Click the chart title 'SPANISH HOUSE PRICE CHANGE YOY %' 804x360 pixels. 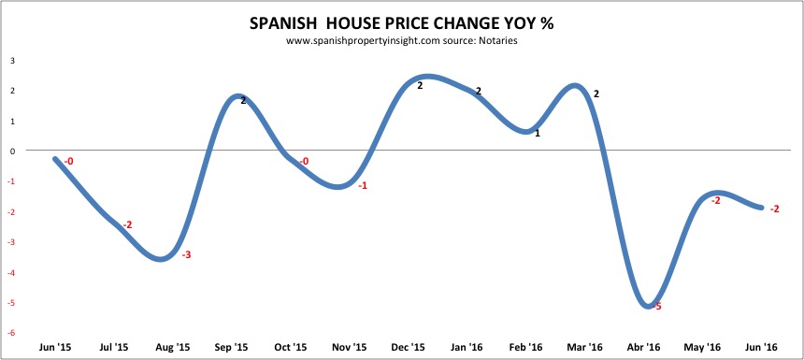pyautogui.click(x=402, y=23)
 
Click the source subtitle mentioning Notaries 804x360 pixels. pyautogui.click(x=401, y=41)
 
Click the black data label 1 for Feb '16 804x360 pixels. pyautogui.click(x=537, y=134)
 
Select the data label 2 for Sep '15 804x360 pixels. pyautogui.click(x=243, y=100)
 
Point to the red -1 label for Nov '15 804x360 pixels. pyautogui.click(x=362, y=186)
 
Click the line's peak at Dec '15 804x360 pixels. pyautogui.click(x=425, y=77)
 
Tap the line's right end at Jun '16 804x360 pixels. pyautogui.click(x=762, y=208)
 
